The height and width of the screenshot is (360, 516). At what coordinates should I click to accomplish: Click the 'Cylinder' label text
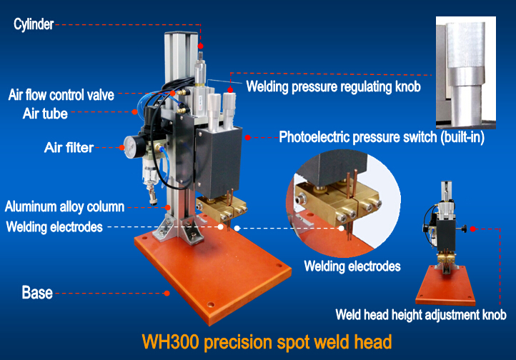(x=34, y=24)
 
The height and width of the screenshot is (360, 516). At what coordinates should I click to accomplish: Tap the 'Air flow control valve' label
(x=61, y=95)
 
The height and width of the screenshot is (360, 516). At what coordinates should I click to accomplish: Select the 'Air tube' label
(x=45, y=114)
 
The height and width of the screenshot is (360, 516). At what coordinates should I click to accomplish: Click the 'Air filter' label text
(x=69, y=147)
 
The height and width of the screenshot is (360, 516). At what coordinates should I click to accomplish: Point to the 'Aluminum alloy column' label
(x=64, y=207)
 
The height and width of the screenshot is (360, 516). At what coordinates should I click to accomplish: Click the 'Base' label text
(x=37, y=292)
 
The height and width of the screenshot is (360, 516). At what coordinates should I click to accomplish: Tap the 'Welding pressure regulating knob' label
(x=333, y=86)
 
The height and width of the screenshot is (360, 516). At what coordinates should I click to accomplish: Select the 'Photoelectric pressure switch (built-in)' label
(x=382, y=137)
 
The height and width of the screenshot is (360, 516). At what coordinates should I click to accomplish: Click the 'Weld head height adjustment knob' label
(x=421, y=314)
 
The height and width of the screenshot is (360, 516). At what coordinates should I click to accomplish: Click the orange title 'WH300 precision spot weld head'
(x=267, y=341)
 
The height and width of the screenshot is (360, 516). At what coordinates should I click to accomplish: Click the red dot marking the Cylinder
(x=200, y=46)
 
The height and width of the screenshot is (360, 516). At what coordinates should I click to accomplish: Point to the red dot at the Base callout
(x=167, y=293)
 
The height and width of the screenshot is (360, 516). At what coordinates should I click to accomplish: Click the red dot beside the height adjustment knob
(x=473, y=229)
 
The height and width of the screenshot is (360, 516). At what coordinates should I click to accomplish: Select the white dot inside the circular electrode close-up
(x=342, y=228)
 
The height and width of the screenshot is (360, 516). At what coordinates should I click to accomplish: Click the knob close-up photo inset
(x=466, y=72)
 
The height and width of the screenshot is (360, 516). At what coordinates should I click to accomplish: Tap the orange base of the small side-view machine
(x=445, y=286)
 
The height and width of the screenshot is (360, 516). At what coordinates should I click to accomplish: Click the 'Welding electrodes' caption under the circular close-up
(x=352, y=266)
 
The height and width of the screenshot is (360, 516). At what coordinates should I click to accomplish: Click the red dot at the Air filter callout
(x=121, y=148)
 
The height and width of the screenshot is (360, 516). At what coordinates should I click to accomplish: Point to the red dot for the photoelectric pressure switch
(x=248, y=137)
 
